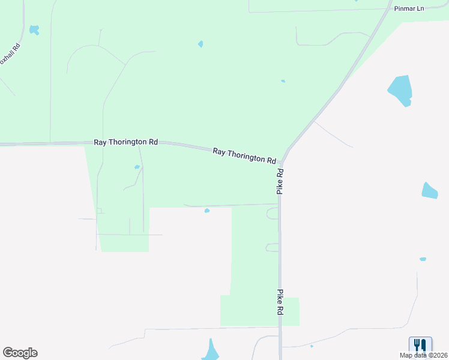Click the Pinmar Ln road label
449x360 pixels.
[409, 9]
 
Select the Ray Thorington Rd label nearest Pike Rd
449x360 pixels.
[244, 156]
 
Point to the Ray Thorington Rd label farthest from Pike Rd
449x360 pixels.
[125, 142]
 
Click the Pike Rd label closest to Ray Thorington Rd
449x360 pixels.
[280, 181]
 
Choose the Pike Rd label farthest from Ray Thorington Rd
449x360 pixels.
[280, 303]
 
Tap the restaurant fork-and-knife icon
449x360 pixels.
[420, 346]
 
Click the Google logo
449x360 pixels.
[20, 353]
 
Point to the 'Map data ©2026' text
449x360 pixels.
[423, 355]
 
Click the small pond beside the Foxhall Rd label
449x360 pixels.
[34, 29]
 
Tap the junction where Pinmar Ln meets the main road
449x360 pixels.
[388, 10]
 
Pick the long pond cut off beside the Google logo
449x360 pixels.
[211, 351]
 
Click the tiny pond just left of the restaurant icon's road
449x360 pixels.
[312, 346]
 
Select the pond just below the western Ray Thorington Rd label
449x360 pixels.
[137, 167]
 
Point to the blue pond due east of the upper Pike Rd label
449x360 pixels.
[429, 191]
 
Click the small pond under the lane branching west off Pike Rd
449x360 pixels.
[207, 211]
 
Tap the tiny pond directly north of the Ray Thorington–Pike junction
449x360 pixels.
[283, 81]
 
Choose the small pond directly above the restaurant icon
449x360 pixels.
[423, 259]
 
